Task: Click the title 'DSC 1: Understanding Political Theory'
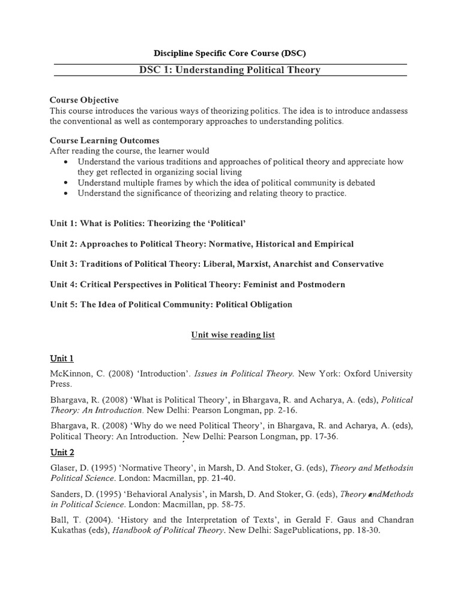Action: [230, 70]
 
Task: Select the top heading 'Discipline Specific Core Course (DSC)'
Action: [230, 53]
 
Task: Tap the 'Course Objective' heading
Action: [84, 100]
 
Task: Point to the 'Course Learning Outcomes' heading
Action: [104, 140]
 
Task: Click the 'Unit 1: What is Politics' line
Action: [148, 223]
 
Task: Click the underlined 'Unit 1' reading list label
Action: [62, 359]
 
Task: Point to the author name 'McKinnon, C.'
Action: [76, 374]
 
